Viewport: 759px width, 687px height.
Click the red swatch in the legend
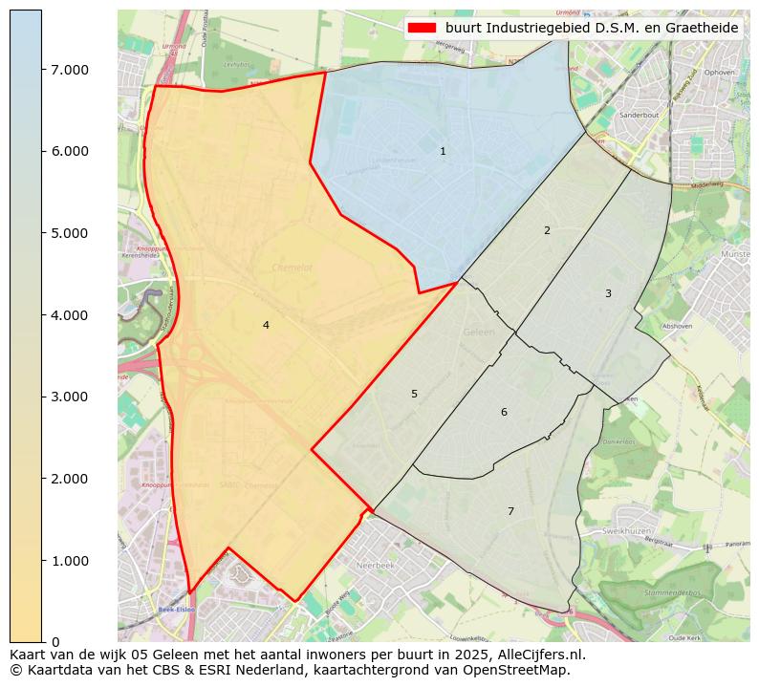pyautogui.click(x=422, y=28)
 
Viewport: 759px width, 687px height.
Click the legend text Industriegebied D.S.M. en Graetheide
pyautogui.click(x=592, y=28)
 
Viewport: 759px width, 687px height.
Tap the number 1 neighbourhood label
pyautogui.click(x=443, y=152)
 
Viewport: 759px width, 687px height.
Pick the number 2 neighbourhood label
pyautogui.click(x=547, y=231)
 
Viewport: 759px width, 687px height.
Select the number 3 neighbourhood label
pyautogui.click(x=608, y=294)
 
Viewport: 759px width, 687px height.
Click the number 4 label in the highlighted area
pyautogui.click(x=266, y=326)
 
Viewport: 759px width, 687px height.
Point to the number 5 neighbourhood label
pyautogui.click(x=414, y=395)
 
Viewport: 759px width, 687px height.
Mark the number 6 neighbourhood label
pyautogui.click(x=504, y=413)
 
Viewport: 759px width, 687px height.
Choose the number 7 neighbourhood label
pyautogui.click(x=510, y=512)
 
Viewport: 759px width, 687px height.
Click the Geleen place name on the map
pyautogui.click(x=478, y=333)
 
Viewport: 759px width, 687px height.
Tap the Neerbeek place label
pyautogui.click(x=375, y=566)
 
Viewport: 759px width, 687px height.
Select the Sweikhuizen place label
pyautogui.click(x=626, y=529)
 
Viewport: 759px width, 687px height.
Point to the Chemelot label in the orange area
pyautogui.click(x=292, y=268)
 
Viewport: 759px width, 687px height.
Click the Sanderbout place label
pyautogui.click(x=640, y=115)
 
